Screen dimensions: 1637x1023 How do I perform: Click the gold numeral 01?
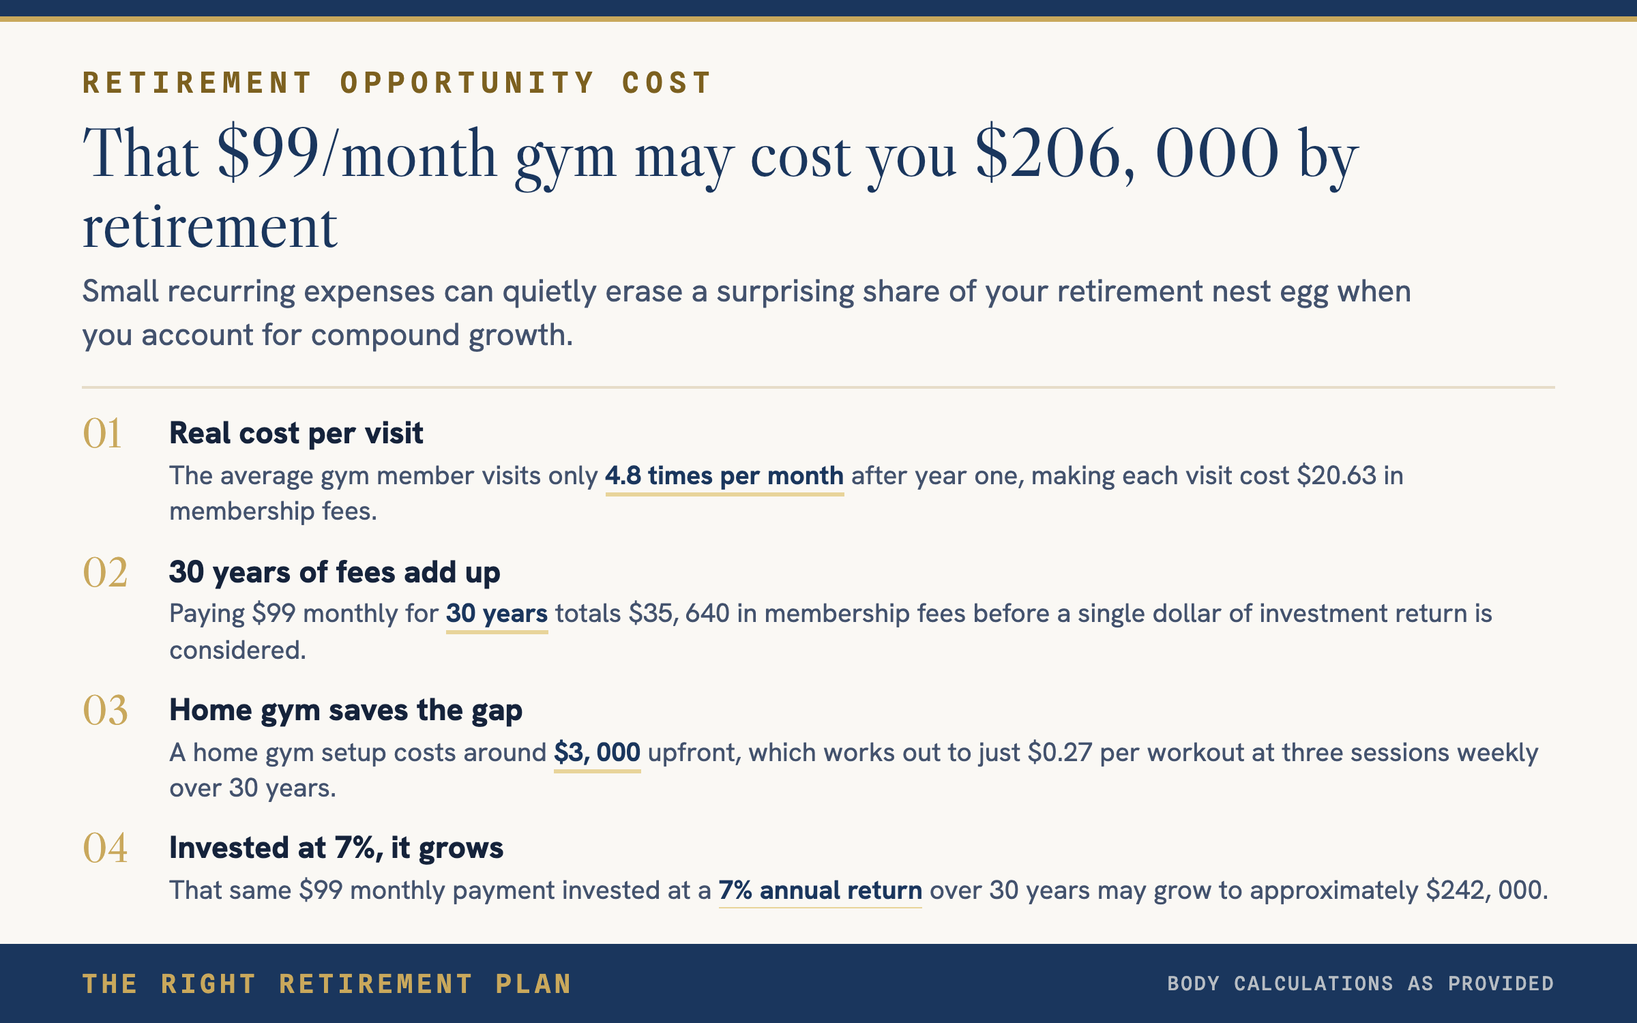[102, 433]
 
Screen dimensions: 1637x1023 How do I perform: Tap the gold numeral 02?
[105, 572]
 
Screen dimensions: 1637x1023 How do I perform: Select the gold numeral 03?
[105, 710]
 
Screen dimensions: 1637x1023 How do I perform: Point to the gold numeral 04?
[105, 848]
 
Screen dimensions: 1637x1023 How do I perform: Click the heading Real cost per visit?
[296, 433]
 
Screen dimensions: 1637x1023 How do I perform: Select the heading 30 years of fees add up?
[334, 573]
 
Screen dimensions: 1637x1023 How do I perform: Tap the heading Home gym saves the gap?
[346, 711]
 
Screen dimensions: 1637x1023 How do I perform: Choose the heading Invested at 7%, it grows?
[336, 848]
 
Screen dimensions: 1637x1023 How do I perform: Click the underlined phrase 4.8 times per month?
[724, 476]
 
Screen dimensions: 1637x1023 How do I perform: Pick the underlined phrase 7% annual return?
[821, 891]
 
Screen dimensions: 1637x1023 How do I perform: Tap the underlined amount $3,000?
[598, 753]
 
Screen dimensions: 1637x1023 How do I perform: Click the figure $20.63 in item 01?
[1337, 476]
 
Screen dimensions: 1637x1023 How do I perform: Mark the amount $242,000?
[1485, 891]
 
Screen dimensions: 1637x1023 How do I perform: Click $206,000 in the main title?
[1127, 154]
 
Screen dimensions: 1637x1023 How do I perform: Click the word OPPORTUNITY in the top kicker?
[468, 83]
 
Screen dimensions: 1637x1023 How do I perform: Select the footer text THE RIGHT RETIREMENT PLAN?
[327, 984]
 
